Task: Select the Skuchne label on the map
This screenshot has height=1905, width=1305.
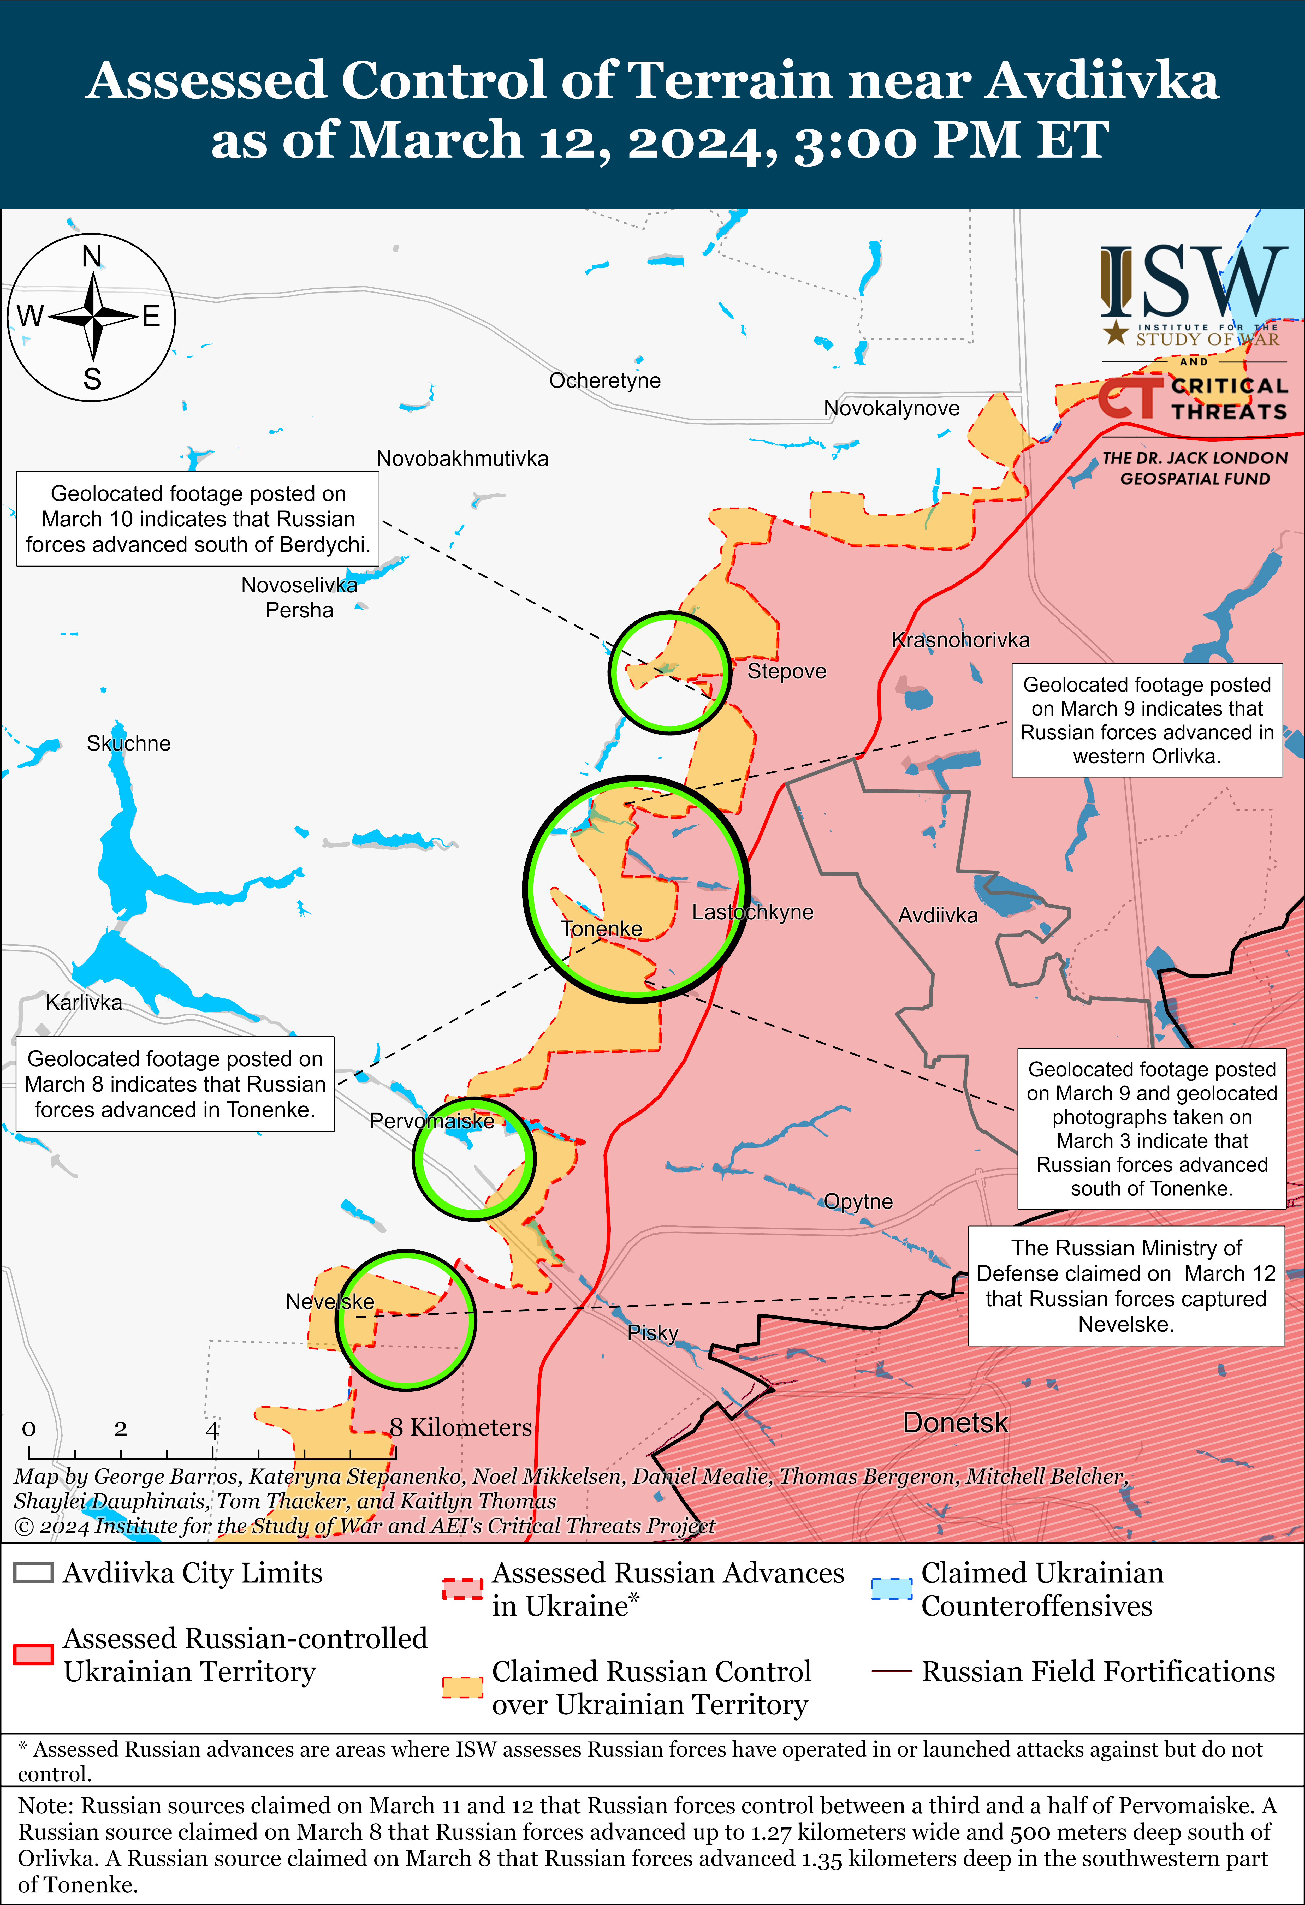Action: pos(129,743)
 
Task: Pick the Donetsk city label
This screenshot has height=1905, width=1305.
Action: pos(955,1422)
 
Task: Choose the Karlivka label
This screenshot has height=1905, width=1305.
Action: pos(84,1003)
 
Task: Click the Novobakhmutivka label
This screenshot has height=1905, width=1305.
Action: pos(462,458)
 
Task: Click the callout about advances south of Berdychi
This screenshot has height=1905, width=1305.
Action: pos(198,519)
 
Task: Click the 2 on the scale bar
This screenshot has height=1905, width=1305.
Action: pos(121,1429)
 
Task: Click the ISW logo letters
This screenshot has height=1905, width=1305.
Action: pos(1193,283)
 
